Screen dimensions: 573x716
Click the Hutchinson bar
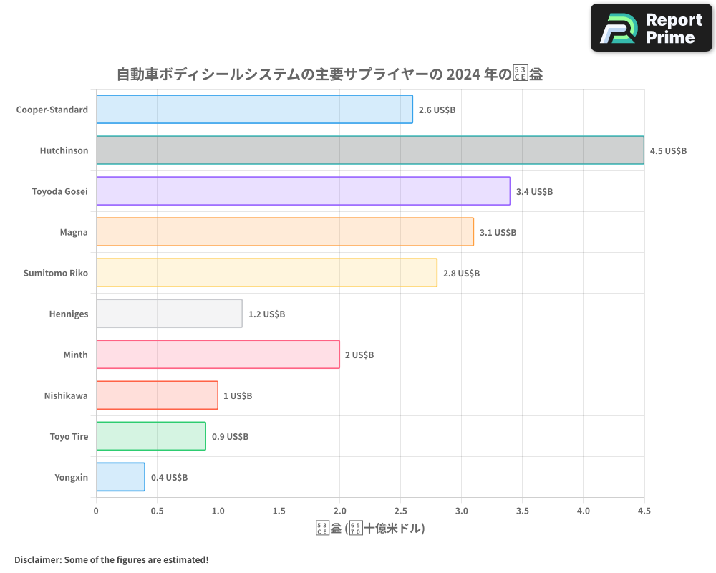click(x=369, y=150)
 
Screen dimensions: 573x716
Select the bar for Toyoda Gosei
click(x=303, y=191)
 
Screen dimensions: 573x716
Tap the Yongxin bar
click(x=120, y=477)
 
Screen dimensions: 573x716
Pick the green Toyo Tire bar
click(x=150, y=436)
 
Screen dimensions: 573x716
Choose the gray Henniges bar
click(x=169, y=314)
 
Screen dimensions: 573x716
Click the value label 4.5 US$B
click(x=668, y=151)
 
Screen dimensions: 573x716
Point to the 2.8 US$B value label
click(x=461, y=274)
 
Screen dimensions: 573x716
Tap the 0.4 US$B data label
click(x=169, y=477)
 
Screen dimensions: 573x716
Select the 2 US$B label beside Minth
click(x=359, y=355)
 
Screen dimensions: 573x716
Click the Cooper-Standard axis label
click(x=52, y=110)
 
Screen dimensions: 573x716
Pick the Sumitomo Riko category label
click(x=56, y=273)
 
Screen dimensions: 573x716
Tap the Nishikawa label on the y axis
click(x=66, y=395)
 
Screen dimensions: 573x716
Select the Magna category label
click(x=74, y=232)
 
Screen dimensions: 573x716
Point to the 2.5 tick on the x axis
click(x=400, y=511)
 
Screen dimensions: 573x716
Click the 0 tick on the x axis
click(x=96, y=511)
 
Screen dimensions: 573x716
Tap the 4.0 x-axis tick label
click(x=583, y=511)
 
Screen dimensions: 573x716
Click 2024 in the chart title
click(x=470, y=74)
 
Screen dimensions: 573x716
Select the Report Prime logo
click(x=652, y=28)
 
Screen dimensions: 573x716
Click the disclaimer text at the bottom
click(x=111, y=559)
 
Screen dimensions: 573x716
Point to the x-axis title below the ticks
click(x=370, y=529)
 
